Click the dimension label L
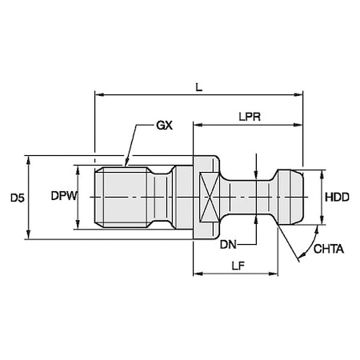[199, 87]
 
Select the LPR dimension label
[250, 117]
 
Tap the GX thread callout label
[164, 125]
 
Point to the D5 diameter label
[18, 198]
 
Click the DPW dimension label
[64, 196]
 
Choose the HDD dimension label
[337, 198]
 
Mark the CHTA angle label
[329, 249]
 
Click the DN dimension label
[228, 245]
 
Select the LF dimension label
[238, 266]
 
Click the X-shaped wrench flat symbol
[210, 197]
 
